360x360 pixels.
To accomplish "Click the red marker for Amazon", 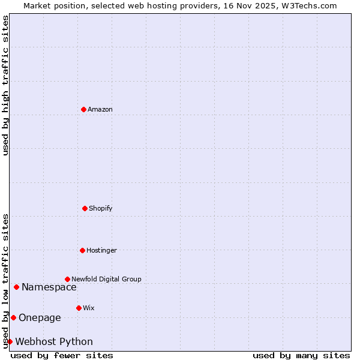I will pyautogui.click(x=83, y=109).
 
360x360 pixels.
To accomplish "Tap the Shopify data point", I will pyautogui.click(x=85, y=208).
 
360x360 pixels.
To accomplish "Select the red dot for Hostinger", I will pyautogui.click(x=82, y=250).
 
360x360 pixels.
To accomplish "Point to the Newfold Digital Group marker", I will pyautogui.click(x=67, y=279).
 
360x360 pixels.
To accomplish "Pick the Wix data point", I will pyautogui.click(x=79, y=308).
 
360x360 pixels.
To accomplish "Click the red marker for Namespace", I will pyautogui.click(x=16, y=287).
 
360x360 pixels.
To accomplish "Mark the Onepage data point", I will pyautogui.click(x=13, y=317).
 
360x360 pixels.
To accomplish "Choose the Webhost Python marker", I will pyautogui.click(x=10, y=341).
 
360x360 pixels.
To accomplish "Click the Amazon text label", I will pyautogui.click(x=100, y=109).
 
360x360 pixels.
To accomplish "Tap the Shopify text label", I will pyautogui.click(x=101, y=208).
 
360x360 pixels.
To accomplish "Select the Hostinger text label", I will pyautogui.click(x=101, y=250).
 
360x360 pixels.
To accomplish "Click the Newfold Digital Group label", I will pyautogui.click(x=106, y=279).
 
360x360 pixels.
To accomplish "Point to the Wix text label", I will pyautogui.click(x=89, y=308).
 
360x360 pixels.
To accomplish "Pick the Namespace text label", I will pyautogui.click(x=49, y=287).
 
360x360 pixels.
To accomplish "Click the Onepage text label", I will pyautogui.click(x=40, y=317).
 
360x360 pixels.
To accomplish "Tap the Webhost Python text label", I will pyautogui.click(x=54, y=341).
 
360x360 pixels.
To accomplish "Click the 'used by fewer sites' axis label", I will pyautogui.click(x=62, y=355).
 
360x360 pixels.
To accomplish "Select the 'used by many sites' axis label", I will pyautogui.click(x=301, y=355).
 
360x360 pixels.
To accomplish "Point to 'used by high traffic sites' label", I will pyautogui.click(x=5, y=85).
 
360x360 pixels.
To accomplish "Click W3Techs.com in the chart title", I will pyautogui.click(x=308, y=5).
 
